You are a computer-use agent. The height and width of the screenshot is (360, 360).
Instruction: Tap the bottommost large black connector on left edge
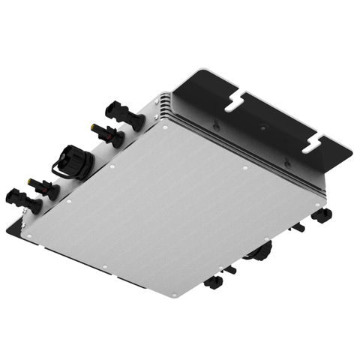click(x=22, y=199)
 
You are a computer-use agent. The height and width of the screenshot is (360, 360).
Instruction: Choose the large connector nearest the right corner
click(x=322, y=215)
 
